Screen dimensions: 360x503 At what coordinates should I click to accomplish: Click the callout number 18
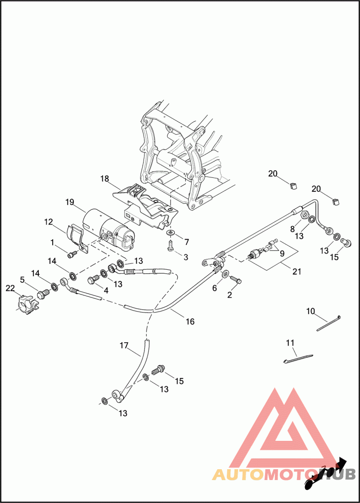pos(104,179)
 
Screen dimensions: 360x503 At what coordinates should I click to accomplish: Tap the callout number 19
pos(69,202)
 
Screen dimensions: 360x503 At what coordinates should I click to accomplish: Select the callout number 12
pos(49,222)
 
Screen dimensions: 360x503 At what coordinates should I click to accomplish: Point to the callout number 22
pos(10,288)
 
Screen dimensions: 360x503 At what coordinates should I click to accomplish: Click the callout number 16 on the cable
pos(190,322)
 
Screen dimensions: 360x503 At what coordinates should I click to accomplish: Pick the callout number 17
pos(124,346)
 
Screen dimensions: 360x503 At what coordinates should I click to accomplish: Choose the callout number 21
pos(284,272)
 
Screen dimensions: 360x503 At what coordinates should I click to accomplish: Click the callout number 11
pos(290,343)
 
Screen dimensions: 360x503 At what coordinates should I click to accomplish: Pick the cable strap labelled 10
pos(329,323)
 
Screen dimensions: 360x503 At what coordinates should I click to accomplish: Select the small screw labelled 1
pos(71,255)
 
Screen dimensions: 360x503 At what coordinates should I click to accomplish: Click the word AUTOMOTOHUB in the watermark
pos(283,474)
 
